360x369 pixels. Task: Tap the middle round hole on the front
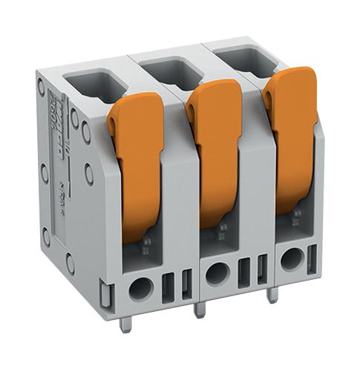point(216,273)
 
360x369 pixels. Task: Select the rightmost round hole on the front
point(292,259)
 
